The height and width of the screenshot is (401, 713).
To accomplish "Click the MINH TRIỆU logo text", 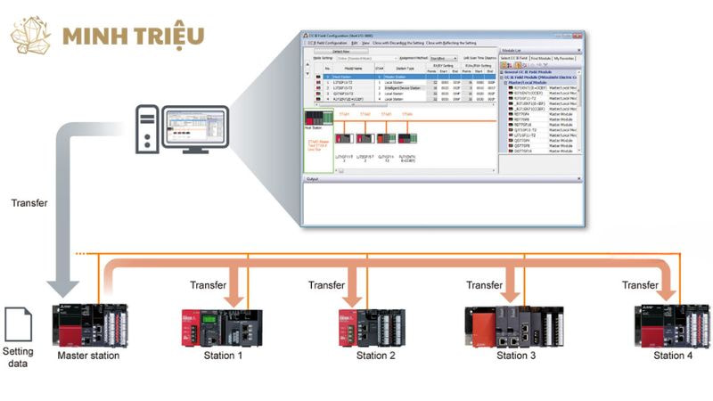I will (x=134, y=36).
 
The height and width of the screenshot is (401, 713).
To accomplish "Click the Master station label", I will (x=88, y=356).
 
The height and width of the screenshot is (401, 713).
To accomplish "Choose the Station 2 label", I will (x=375, y=356).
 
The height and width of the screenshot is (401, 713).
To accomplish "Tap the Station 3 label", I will (x=516, y=356).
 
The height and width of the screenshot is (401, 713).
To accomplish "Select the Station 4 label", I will (x=672, y=356).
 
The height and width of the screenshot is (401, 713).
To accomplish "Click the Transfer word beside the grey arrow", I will (x=29, y=203).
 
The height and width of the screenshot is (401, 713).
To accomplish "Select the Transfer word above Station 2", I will (x=326, y=285).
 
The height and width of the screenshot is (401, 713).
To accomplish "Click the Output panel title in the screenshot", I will (x=312, y=179).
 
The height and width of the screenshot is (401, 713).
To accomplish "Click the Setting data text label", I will (x=19, y=356).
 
